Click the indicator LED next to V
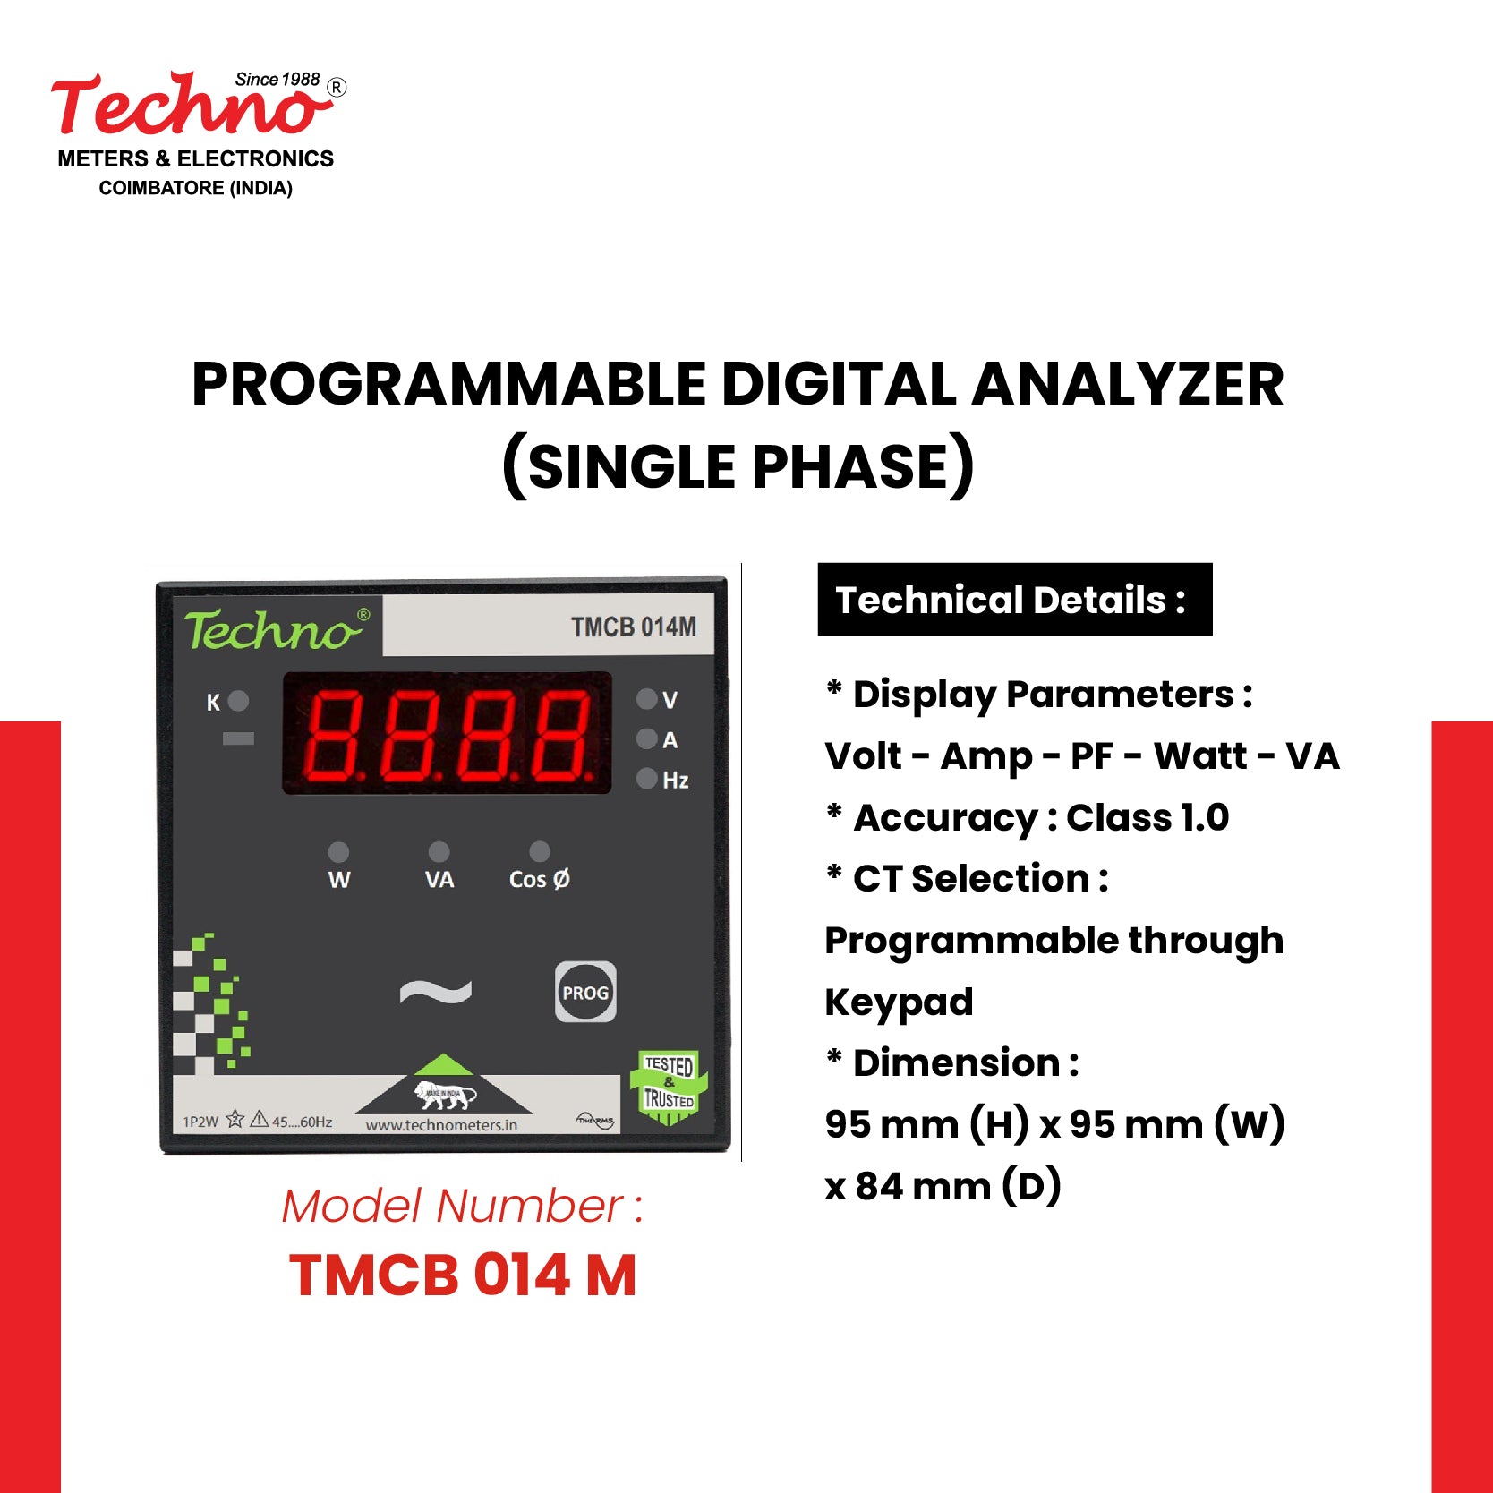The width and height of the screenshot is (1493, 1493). click(x=646, y=699)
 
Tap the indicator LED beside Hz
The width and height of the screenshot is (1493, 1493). click(x=646, y=779)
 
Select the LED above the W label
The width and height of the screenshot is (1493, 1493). click(x=338, y=851)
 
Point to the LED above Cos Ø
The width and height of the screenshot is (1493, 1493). click(x=540, y=851)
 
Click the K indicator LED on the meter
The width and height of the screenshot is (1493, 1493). click(x=238, y=701)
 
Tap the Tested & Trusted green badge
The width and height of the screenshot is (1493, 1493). click(x=670, y=1085)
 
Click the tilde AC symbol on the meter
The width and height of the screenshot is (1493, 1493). click(x=436, y=992)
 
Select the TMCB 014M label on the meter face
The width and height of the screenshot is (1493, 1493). click(x=633, y=627)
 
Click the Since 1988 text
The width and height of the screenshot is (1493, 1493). click(x=277, y=80)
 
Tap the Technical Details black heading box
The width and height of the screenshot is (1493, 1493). click(x=1014, y=600)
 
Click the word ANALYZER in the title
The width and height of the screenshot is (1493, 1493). click(x=1127, y=385)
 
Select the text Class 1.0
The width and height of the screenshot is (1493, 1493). click(x=1147, y=818)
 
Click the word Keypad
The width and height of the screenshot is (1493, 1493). click(x=899, y=1002)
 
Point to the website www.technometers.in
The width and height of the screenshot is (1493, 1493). click(x=441, y=1125)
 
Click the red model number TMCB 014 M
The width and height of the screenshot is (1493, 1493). click(x=463, y=1275)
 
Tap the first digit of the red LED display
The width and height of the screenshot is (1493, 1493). click(x=335, y=734)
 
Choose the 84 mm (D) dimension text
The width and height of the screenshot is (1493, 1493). click(x=957, y=1187)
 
